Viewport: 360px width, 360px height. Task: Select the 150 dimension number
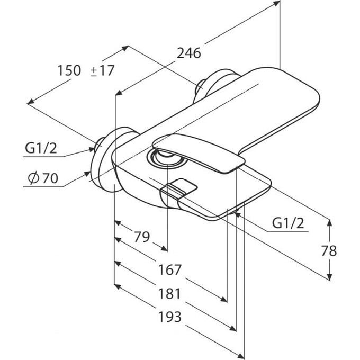tap(69, 70)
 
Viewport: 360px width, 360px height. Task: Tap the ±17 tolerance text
tap(102, 70)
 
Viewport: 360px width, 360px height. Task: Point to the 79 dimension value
tap(141, 237)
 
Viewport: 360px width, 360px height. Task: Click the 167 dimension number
tap(170, 269)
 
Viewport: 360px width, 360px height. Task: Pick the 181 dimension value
tap(170, 293)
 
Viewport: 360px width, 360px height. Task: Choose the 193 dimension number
tap(170, 317)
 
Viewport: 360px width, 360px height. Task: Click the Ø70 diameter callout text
tap(41, 178)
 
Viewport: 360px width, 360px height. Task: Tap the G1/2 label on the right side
tap(289, 224)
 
